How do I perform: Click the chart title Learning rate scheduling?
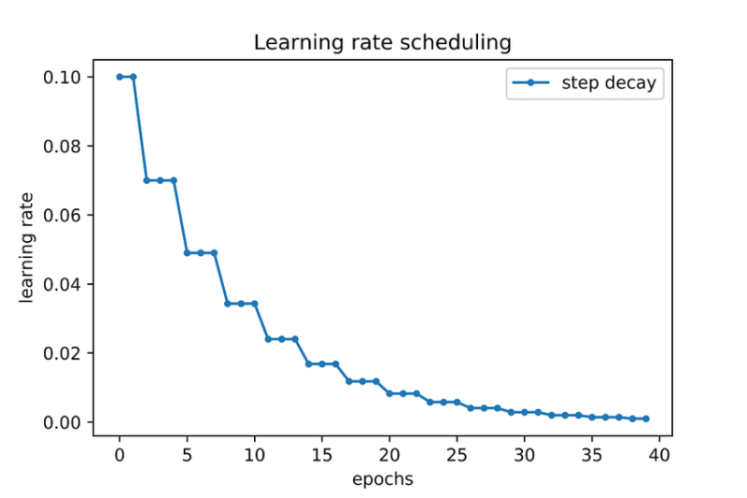383,43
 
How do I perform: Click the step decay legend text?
609,83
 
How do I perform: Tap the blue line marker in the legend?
531,83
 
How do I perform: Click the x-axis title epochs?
383,479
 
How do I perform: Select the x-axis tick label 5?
187,456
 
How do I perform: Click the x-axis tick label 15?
322,456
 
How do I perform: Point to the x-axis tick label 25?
457,456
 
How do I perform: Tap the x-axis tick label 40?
659,456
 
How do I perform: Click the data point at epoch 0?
120,77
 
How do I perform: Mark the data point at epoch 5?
187,252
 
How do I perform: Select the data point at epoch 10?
254,304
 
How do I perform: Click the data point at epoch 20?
389,393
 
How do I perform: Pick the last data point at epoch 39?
645,419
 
